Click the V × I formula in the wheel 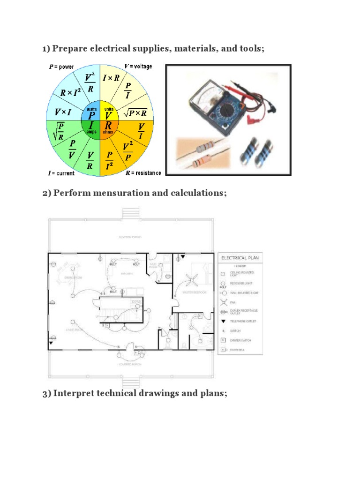click(x=62, y=112)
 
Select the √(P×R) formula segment click(x=135, y=112)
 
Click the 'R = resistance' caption click(x=143, y=173)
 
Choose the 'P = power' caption click(x=61, y=67)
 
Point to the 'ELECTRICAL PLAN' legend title click(x=240, y=258)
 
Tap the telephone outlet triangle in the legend click(x=223, y=322)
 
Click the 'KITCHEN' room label click(x=127, y=273)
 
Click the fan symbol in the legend click(x=223, y=302)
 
